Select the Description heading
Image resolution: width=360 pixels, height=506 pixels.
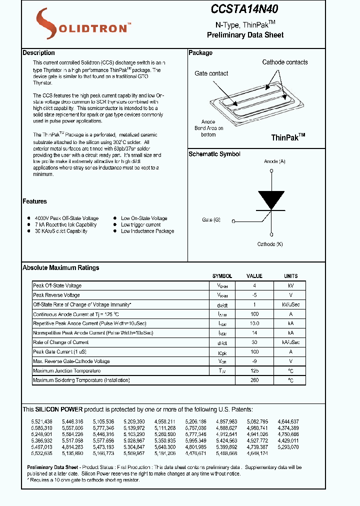point(38,53)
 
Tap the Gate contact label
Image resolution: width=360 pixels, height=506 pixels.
point(211,73)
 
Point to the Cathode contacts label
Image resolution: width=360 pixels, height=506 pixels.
point(285,62)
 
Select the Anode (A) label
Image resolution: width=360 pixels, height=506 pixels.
point(274,161)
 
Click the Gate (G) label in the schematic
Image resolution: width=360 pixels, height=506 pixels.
point(211,220)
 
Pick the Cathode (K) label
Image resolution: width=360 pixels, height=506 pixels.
point(270,244)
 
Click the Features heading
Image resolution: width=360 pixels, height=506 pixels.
point(34,201)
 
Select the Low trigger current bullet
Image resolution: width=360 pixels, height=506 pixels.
point(140,225)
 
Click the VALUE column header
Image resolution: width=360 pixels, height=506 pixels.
point(254,276)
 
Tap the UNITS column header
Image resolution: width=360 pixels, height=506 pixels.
point(290,276)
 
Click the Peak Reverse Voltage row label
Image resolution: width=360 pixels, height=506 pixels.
point(56,295)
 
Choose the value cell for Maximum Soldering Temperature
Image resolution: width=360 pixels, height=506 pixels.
point(254,380)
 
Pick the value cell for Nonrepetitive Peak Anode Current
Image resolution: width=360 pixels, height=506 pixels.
point(254,333)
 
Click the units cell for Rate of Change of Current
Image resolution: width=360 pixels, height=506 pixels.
point(290,342)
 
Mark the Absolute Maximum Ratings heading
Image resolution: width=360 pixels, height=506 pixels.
point(60,268)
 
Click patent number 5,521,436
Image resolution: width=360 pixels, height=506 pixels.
point(41,421)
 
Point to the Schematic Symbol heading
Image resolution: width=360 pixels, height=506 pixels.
point(214,154)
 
